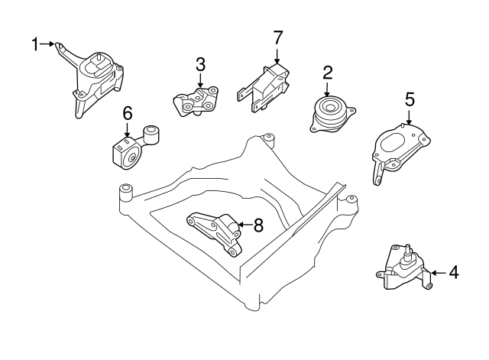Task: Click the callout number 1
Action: pyautogui.click(x=34, y=44)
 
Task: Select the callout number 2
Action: pyautogui.click(x=327, y=73)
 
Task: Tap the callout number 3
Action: pyautogui.click(x=200, y=63)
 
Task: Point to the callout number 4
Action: pyautogui.click(x=453, y=271)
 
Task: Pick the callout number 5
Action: pyautogui.click(x=410, y=99)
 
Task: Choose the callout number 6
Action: pyautogui.click(x=128, y=113)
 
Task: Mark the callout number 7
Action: pyautogui.click(x=277, y=37)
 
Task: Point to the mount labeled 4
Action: pyautogui.click(x=403, y=271)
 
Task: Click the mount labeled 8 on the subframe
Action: pyautogui.click(x=218, y=232)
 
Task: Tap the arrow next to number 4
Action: pyautogui.click(x=437, y=271)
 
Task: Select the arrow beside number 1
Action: pyautogui.click(x=52, y=44)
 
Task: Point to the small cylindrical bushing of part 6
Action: pyautogui.click(x=151, y=135)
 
